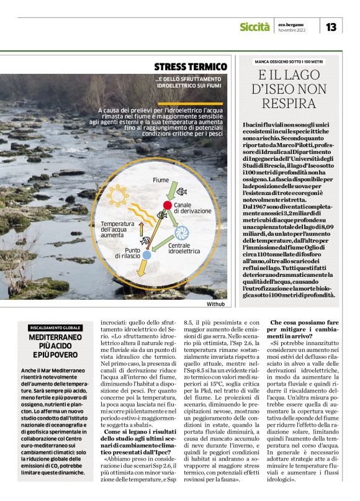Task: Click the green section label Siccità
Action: (254, 27)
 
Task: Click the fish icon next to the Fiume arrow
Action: (182, 191)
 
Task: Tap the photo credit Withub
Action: (216, 304)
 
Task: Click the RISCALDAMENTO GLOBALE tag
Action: (55, 327)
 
